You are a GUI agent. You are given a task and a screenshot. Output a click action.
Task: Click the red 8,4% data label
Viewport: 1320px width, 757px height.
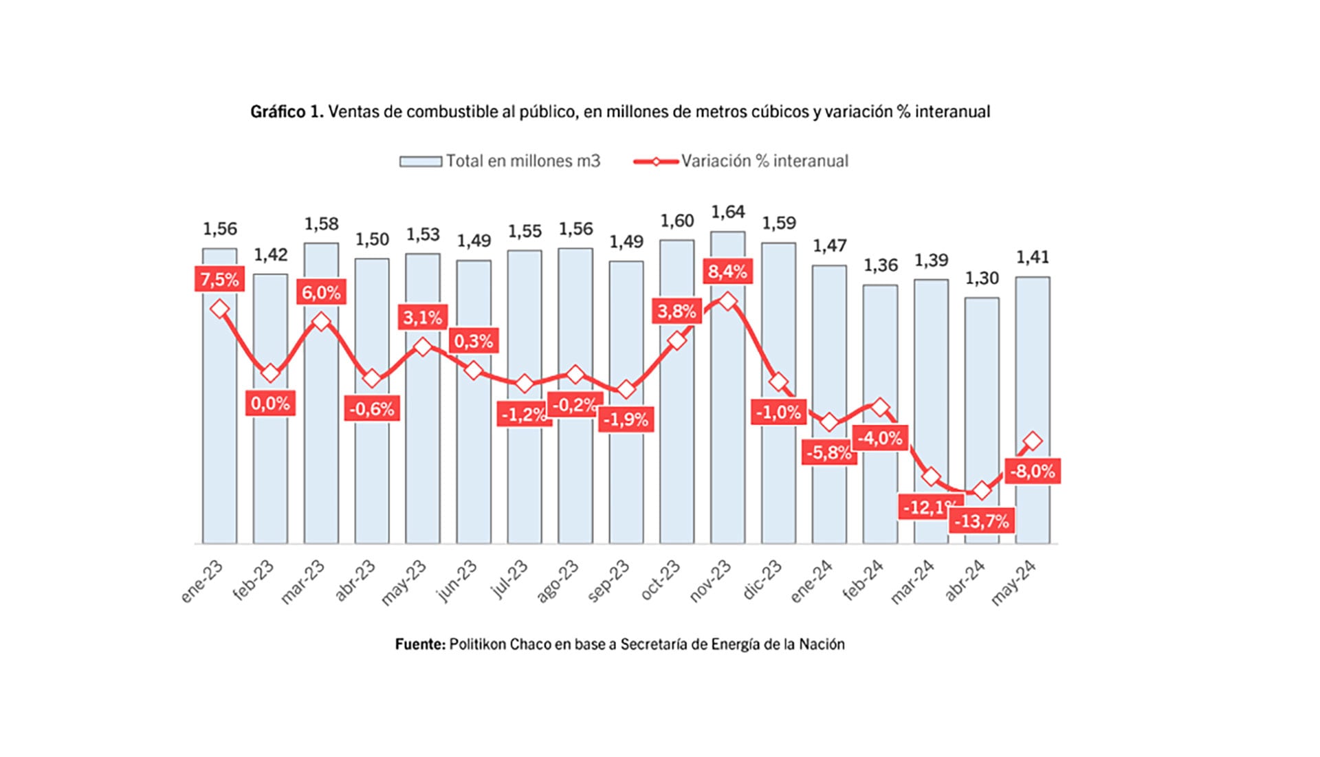click(727, 272)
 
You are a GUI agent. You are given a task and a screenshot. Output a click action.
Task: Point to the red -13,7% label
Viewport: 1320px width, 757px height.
click(982, 521)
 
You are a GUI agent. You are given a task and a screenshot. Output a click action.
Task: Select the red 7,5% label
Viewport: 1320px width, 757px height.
click(219, 280)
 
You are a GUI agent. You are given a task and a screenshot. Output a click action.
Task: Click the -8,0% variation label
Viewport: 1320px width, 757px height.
click(1032, 472)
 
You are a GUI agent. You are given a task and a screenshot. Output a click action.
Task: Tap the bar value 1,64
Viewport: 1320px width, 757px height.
click(727, 212)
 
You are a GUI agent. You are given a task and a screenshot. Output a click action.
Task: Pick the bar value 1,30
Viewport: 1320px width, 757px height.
click(982, 278)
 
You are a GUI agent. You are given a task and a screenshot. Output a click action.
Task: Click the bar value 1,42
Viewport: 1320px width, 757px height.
click(270, 255)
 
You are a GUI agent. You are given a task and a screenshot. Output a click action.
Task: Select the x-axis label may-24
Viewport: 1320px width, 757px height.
click(1013, 582)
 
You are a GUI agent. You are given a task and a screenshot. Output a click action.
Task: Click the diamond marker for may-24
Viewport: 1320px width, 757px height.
click(1033, 441)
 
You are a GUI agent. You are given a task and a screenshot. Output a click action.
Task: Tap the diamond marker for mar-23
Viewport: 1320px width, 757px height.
click(321, 322)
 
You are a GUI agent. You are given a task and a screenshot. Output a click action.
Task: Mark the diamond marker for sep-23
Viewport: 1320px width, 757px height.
click(626, 390)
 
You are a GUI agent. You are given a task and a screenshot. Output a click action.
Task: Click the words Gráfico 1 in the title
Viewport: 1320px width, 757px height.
click(286, 111)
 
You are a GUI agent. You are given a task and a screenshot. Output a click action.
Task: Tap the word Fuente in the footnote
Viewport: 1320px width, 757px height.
click(420, 644)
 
